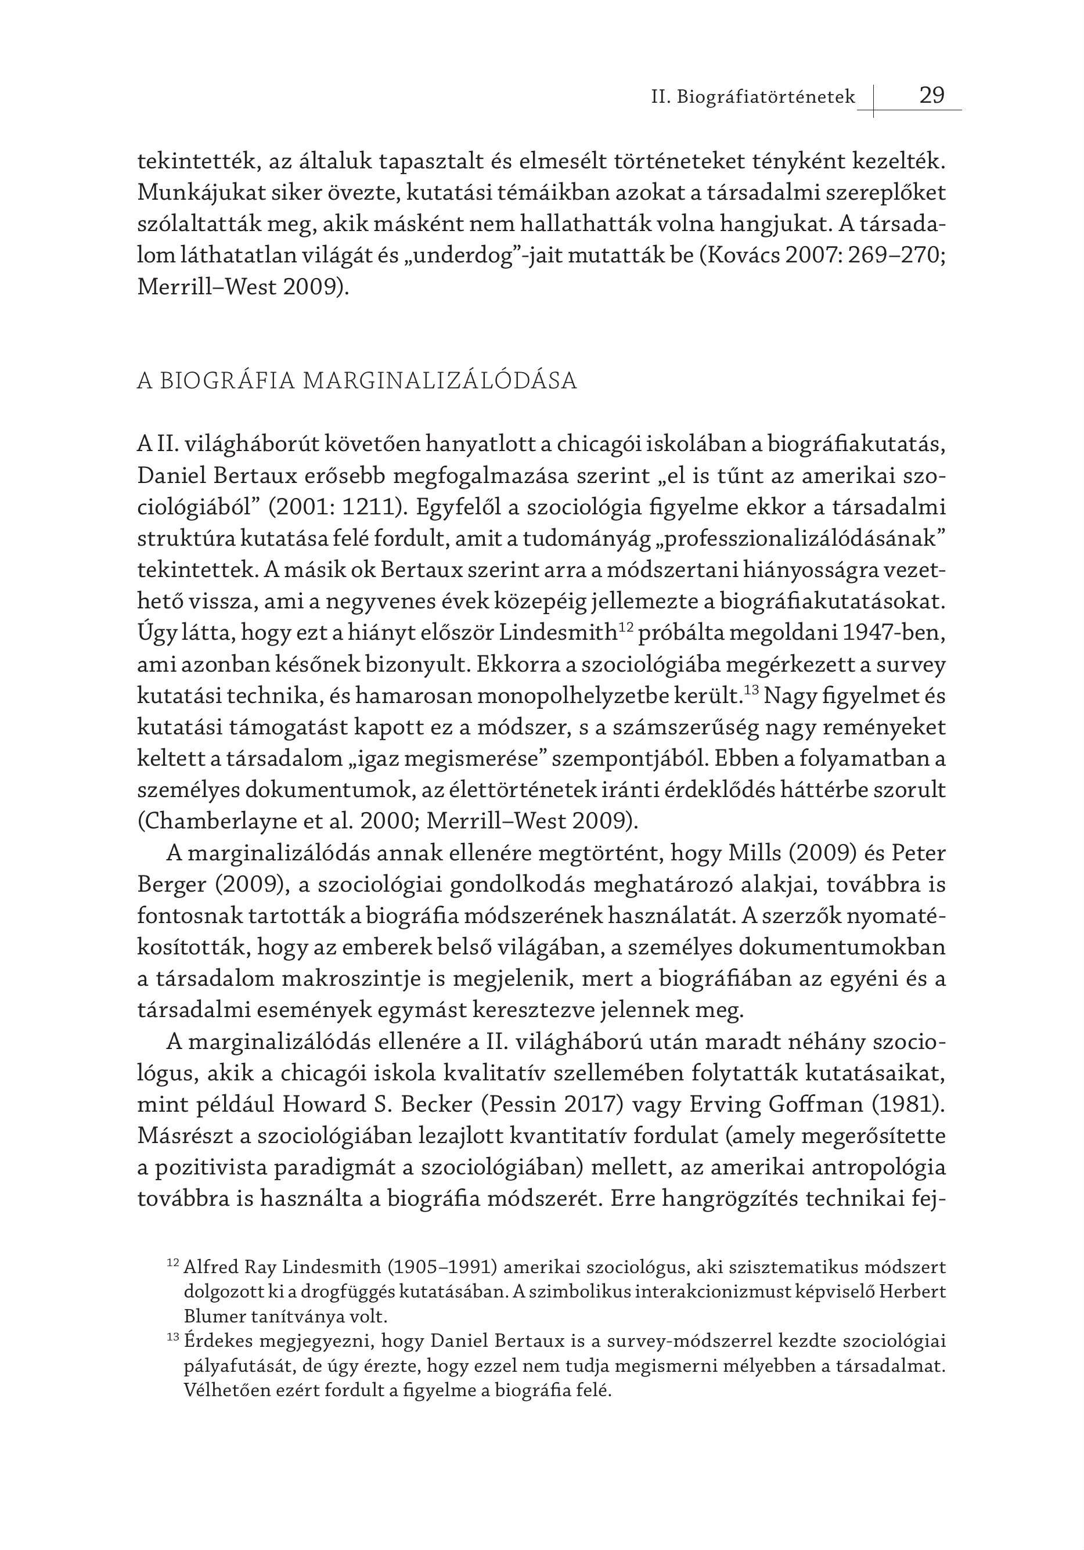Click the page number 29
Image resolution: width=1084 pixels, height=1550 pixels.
(x=931, y=95)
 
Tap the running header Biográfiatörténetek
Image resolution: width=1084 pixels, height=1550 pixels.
(x=765, y=98)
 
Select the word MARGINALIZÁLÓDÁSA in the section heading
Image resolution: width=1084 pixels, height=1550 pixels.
(x=440, y=381)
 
